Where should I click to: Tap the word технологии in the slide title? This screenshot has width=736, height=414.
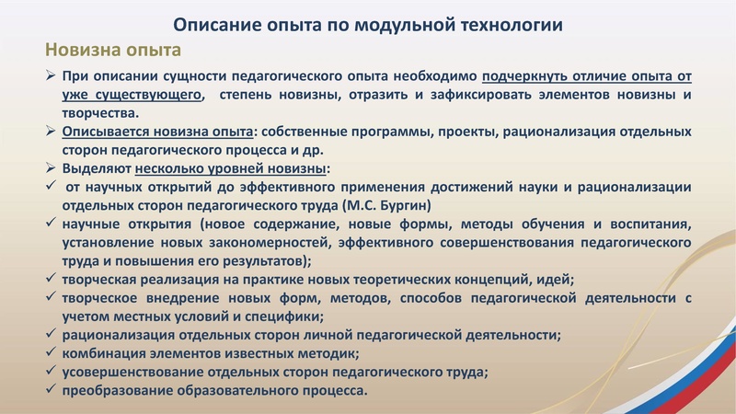tap(508, 24)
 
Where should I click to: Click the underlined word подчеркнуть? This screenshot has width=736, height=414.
tap(532, 76)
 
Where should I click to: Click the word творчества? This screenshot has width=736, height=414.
tap(99, 113)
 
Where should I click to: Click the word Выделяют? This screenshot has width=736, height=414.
tap(96, 169)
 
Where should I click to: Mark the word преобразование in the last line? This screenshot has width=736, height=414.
tap(116, 390)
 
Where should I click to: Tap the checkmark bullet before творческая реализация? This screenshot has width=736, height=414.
tap(52, 280)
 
